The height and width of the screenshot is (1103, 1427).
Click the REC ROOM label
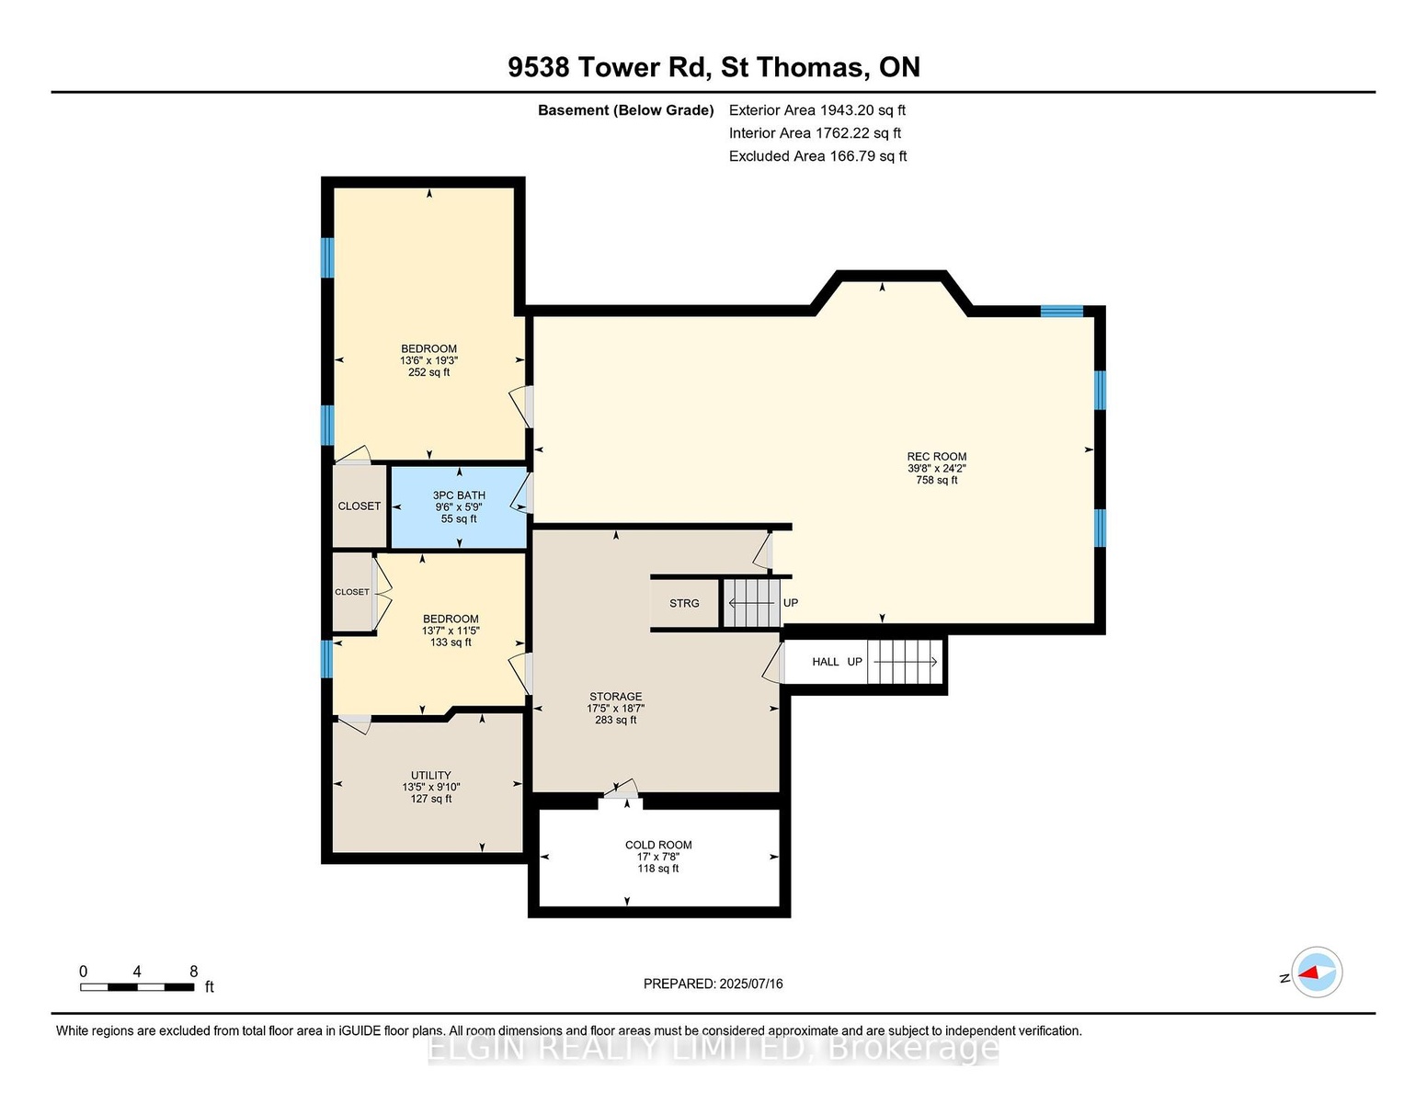click(x=936, y=457)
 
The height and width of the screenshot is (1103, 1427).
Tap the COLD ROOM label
click(x=658, y=845)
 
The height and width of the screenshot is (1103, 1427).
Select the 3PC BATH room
click(x=459, y=507)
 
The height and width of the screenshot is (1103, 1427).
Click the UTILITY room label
click(x=431, y=775)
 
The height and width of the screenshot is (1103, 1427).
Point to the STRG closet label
click(x=684, y=603)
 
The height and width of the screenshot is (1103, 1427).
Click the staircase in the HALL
click(x=905, y=662)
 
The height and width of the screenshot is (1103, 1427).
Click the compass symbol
click(x=1316, y=972)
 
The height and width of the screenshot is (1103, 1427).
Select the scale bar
click(x=137, y=987)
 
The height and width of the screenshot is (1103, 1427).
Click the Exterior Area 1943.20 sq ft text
click(x=816, y=110)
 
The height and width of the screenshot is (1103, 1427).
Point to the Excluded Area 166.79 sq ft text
click(x=817, y=156)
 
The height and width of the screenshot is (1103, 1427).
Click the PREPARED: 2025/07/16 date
click(x=713, y=984)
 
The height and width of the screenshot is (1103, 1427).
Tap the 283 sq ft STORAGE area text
click(x=615, y=720)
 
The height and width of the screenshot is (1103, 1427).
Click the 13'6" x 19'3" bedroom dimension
click(x=428, y=360)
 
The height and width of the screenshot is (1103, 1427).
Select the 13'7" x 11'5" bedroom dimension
click(x=451, y=631)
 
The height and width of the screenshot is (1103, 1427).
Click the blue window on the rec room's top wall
click(x=1062, y=311)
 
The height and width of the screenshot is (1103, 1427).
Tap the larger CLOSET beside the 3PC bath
click(x=360, y=506)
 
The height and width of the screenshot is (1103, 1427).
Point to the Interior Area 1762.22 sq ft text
click(x=815, y=133)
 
